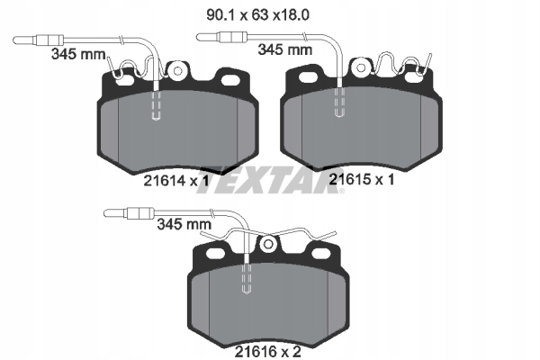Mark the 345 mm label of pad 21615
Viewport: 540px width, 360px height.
[x=283, y=50]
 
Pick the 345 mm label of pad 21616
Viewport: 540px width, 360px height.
[x=183, y=222]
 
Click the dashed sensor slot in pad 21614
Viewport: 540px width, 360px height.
[x=157, y=108]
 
